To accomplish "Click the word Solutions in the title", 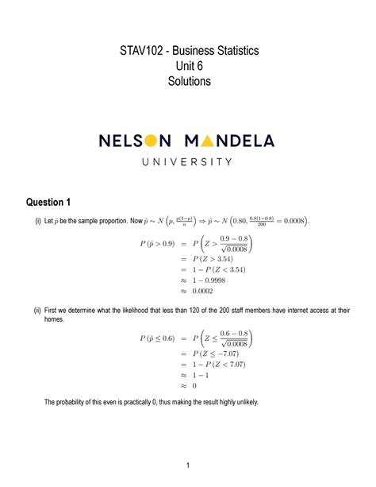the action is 188,82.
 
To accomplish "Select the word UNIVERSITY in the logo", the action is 187,162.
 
